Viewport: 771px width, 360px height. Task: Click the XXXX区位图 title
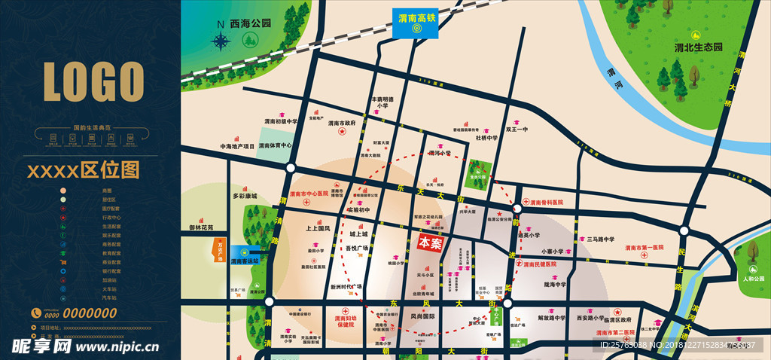84,170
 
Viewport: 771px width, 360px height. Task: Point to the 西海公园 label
251,23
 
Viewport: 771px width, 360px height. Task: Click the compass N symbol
220,24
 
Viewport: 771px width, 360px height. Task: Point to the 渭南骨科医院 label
546,203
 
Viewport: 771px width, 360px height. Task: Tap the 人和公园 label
750,279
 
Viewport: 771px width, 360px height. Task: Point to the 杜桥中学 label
486,138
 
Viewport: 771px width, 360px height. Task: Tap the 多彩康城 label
245,196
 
